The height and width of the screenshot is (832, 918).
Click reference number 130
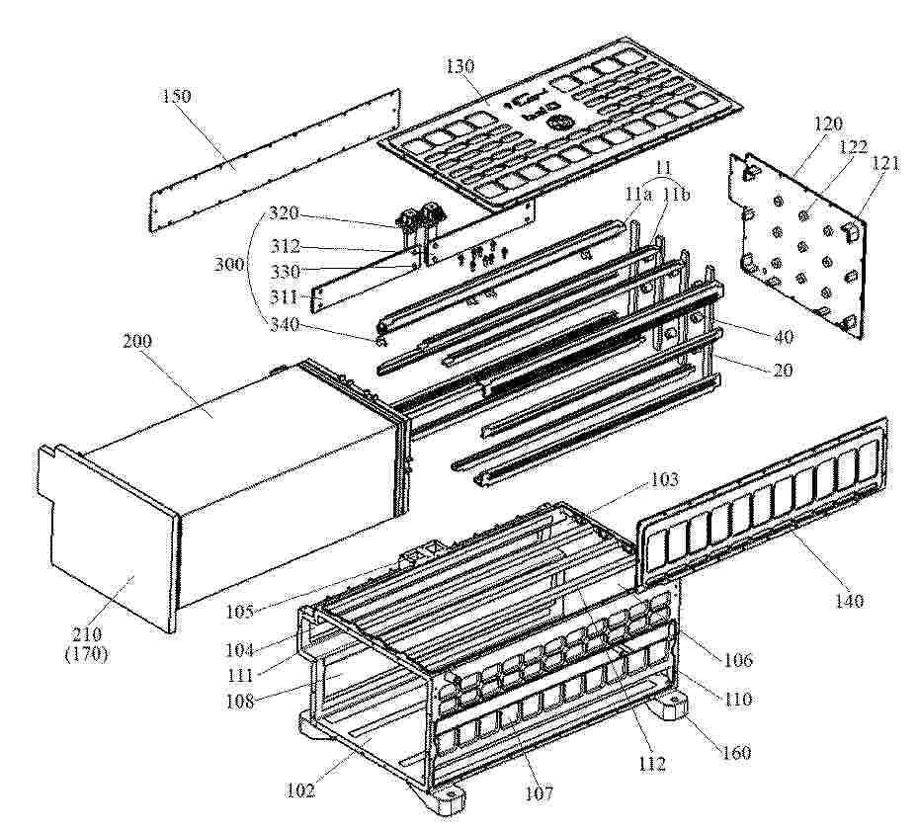coord(460,66)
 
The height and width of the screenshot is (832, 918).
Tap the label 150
coord(176,96)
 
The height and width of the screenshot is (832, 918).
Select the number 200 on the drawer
coord(137,341)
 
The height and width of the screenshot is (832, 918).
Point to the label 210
coord(87,633)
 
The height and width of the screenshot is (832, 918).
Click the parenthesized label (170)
coord(87,653)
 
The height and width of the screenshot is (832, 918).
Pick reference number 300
coord(229,265)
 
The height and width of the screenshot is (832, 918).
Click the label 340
coord(284,324)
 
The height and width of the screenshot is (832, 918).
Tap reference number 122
coord(854,146)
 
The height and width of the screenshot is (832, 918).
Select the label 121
coord(884,164)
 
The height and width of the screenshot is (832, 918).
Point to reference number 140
coord(849,600)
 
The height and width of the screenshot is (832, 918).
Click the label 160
coord(736,752)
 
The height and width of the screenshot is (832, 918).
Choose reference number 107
coord(539,793)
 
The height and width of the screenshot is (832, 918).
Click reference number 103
coord(664,479)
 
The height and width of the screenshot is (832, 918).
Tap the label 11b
coord(676,195)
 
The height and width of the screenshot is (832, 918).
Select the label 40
coord(784,337)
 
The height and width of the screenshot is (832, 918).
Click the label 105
coord(241,612)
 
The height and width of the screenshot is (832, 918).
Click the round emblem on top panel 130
coord(557,125)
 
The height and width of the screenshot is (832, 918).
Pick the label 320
coord(284,212)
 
